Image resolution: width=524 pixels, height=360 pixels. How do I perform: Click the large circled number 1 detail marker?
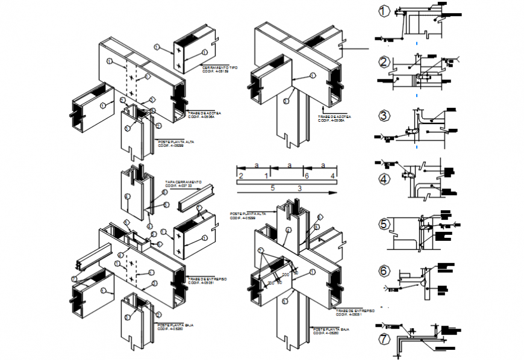click(x=384, y=11)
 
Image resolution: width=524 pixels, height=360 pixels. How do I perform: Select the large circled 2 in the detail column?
click(x=384, y=61)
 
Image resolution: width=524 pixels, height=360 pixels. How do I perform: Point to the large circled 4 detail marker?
click(x=384, y=179)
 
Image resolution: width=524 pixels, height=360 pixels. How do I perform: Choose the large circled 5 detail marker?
click(x=384, y=225)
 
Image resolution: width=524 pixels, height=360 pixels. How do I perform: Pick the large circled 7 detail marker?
click(x=384, y=339)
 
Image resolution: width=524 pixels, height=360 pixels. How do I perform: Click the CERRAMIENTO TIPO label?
click(x=220, y=67)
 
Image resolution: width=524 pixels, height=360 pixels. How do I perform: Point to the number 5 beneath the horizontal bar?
click(x=272, y=188)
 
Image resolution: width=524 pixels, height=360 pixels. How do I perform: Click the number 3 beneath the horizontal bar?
click(x=299, y=188)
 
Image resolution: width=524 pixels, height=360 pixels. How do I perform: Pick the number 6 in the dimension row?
click(x=307, y=175)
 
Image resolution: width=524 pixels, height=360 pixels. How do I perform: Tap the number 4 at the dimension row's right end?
click(x=332, y=175)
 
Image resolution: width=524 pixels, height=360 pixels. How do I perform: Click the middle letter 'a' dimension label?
click(x=289, y=164)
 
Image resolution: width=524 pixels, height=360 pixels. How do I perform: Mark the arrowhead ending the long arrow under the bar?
click(x=332, y=193)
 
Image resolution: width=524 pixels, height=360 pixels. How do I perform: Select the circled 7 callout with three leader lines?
click(x=260, y=250)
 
